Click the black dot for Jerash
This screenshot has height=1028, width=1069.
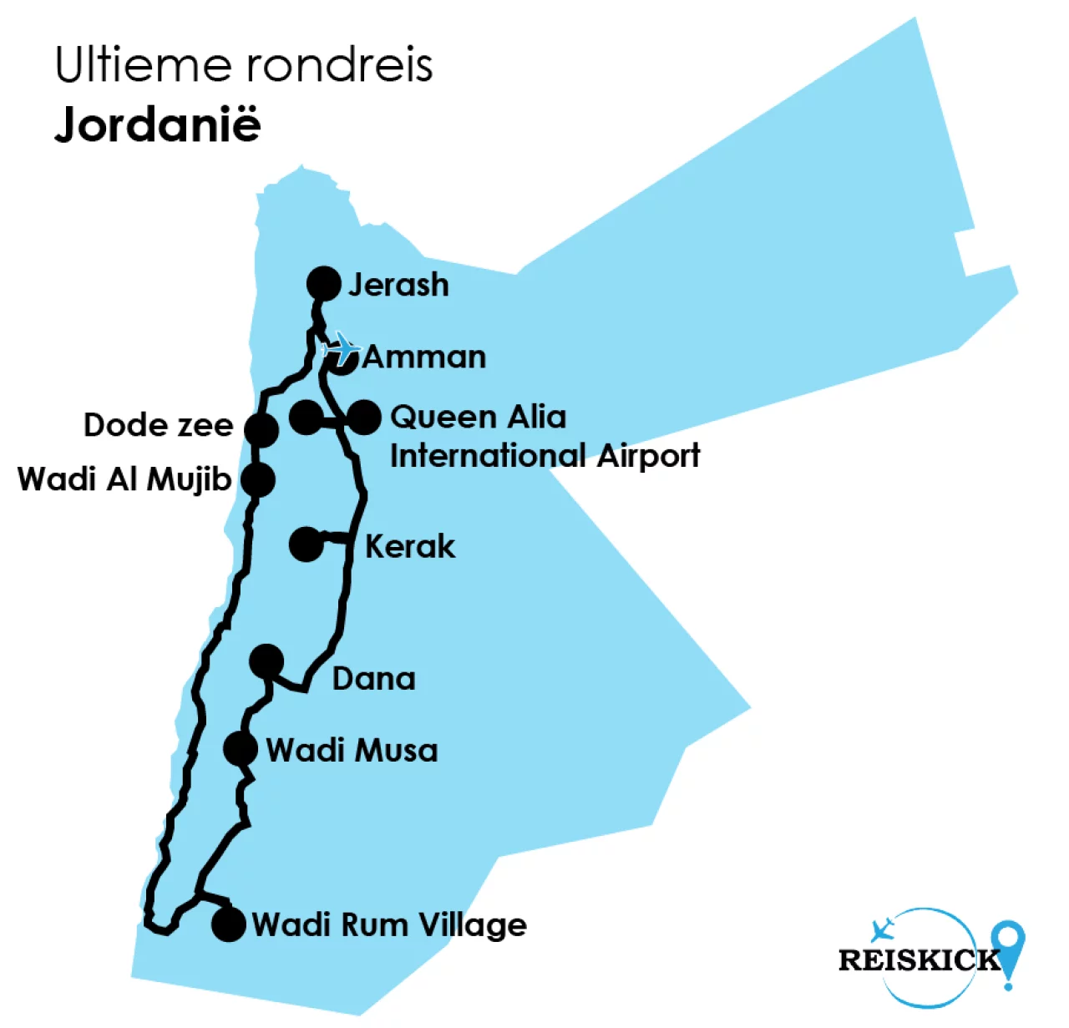pyautogui.click(x=323, y=284)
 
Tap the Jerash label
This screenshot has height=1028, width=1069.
pyautogui.click(x=398, y=285)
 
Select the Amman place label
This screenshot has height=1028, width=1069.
pyautogui.click(x=424, y=357)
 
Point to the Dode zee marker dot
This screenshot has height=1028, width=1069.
pyautogui.click(x=261, y=429)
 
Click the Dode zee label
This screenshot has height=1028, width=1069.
pyautogui.click(x=158, y=425)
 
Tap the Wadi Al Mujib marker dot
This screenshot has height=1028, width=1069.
pyautogui.click(x=257, y=480)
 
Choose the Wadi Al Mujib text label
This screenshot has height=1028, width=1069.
pyautogui.click(x=124, y=480)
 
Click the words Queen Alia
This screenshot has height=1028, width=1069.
pyautogui.click(x=478, y=417)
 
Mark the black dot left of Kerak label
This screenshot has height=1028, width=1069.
pyautogui.click(x=306, y=544)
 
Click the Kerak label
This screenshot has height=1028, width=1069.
pyautogui.click(x=410, y=547)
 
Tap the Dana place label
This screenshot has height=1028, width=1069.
pyautogui.click(x=373, y=679)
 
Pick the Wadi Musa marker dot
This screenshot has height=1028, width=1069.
pyautogui.click(x=240, y=748)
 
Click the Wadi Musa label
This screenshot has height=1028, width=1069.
pyautogui.click(x=352, y=750)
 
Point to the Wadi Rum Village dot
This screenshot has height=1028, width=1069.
pyautogui.click(x=228, y=924)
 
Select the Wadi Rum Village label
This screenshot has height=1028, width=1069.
pyautogui.click(x=389, y=925)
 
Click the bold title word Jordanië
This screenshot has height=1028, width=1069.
pyautogui.click(x=158, y=125)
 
